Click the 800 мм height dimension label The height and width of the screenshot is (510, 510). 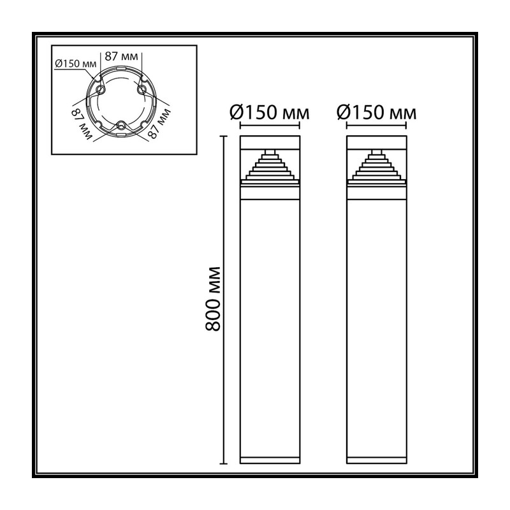[213, 298]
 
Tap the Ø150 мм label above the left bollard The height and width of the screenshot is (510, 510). [269, 112]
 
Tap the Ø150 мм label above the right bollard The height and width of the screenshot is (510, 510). [376, 112]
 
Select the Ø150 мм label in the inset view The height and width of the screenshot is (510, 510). [75, 63]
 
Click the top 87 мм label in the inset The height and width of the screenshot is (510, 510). [121, 56]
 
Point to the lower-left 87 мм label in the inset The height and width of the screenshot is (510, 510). [81, 124]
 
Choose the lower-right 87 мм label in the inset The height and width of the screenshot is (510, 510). [159, 124]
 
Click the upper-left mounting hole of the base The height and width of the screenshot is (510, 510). [100, 89]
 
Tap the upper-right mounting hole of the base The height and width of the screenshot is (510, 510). [142, 89]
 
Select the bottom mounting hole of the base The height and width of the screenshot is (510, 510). [121, 124]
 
